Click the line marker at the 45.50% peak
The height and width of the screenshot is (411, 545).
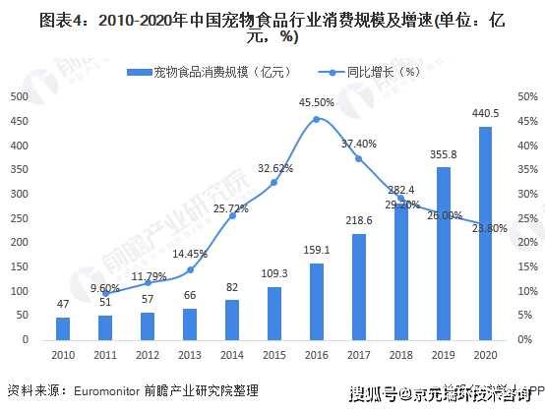tap(317, 119)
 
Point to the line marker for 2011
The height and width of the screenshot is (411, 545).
tap(105, 293)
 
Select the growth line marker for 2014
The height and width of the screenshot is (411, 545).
tap(232, 215)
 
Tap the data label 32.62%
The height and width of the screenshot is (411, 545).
tap(274, 168)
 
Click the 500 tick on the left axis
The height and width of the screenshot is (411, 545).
tap(18, 96)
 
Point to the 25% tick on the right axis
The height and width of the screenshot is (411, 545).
tap(527, 218)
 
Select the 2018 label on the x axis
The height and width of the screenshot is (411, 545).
tap(401, 353)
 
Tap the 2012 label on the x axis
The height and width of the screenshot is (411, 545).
tap(148, 353)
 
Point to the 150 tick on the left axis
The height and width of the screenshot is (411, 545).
tap(18, 267)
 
